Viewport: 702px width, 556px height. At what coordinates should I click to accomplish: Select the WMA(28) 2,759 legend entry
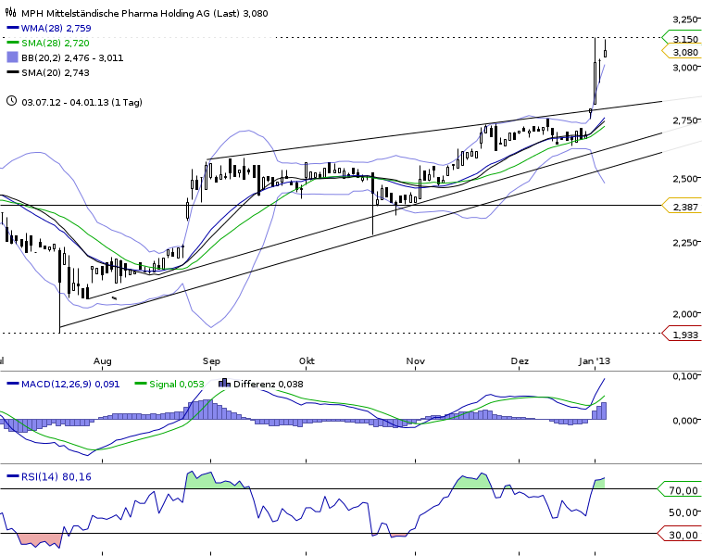53,29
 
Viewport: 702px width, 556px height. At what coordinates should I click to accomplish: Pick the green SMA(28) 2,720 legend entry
53,43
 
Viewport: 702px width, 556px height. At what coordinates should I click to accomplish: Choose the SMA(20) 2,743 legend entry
53,71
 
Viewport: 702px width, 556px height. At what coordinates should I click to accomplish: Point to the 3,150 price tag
684,38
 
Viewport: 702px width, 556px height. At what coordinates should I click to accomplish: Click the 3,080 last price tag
684,52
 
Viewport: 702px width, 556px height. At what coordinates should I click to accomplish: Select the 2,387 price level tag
684,206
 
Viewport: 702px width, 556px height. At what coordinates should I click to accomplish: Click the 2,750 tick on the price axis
684,120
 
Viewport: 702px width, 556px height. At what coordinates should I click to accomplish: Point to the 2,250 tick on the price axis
684,243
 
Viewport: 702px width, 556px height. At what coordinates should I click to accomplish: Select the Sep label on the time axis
211,360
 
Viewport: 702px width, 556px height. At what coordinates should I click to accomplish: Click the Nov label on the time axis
415,360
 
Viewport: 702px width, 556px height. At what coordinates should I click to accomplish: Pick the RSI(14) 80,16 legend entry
54,476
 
